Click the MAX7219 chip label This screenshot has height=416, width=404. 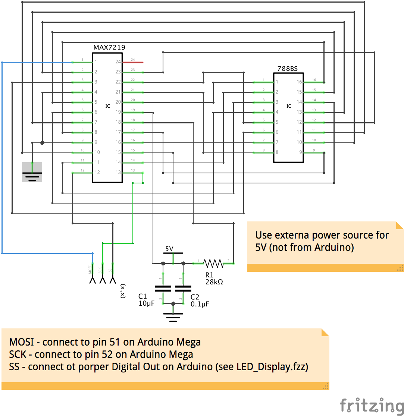(x=109, y=48)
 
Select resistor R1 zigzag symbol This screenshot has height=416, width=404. (x=213, y=264)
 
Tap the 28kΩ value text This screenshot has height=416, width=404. (x=214, y=282)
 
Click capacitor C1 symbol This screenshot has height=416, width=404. (x=163, y=288)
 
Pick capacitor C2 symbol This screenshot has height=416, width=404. (x=183, y=288)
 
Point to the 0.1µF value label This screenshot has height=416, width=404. (x=200, y=304)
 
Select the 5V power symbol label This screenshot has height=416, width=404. (x=169, y=249)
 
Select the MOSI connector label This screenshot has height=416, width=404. (x=90, y=270)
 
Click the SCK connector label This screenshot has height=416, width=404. (x=100, y=270)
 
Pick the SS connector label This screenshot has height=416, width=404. (x=110, y=270)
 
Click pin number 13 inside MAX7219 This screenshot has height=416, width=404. (x=118, y=172)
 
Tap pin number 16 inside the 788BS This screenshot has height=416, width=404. (x=299, y=82)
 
